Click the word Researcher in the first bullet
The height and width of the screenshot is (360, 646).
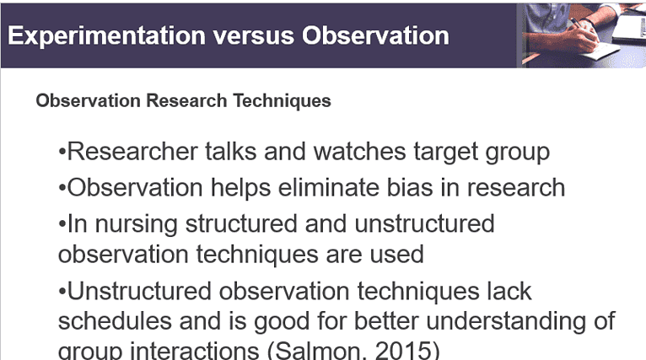click(133, 152)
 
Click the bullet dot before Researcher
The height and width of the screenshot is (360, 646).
click(62, 153)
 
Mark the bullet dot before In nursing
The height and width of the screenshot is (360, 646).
click(62, 225)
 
